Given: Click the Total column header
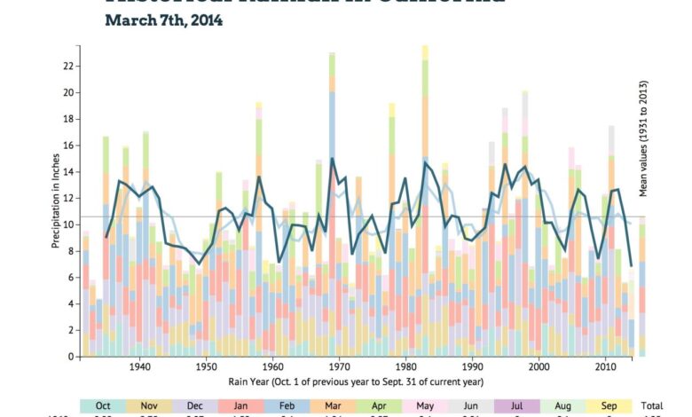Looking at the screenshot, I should pos(654,405).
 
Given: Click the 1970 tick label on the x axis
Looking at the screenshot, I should pos(339,366).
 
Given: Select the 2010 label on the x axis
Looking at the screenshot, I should pos(605,366).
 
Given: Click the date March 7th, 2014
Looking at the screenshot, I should pos(164,20).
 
